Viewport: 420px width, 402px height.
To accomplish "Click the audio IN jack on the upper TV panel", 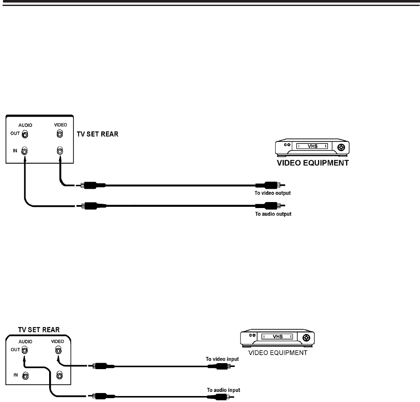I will [x=25, y=150].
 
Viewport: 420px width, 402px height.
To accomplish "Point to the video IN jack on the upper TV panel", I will [x=60, y=150].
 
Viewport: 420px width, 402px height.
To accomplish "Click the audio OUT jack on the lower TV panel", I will [x=25, y=350].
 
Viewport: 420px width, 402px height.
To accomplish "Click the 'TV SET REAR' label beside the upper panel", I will [x=97, y=134].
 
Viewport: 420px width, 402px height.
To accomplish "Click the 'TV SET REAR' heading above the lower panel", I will [x=38, y=330].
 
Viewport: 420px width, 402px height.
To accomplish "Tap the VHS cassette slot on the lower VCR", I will [x=277, y=336].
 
